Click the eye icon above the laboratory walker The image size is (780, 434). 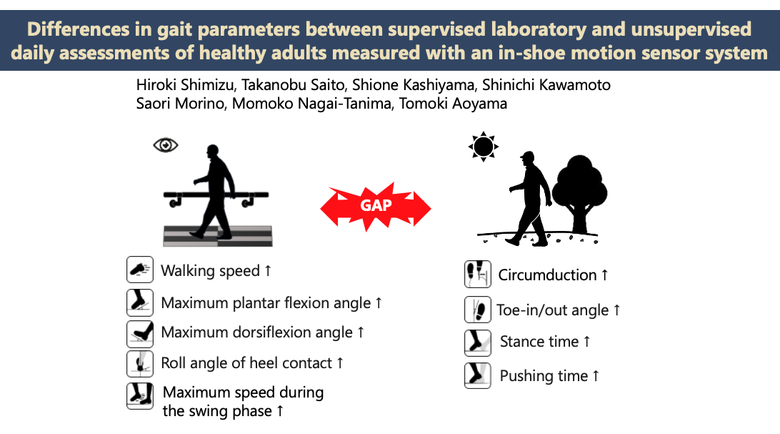[x=166, y=145]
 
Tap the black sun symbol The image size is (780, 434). [x=483, y=147]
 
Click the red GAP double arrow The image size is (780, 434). [x=376, y=206]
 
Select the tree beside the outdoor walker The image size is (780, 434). [x=579, y=194]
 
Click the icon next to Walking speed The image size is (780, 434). [x=140, y=270]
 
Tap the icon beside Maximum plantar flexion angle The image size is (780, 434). [x=140, y=302]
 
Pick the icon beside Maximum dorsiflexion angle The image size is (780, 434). [x=140, y=333]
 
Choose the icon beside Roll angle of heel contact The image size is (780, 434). [x=140, y=363]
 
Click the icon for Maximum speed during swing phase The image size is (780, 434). [x=140, y=395]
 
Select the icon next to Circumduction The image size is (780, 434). [x=478, y=275]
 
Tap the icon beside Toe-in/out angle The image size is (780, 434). [x=478, y=310]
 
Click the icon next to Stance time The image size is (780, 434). [x=478, y=342]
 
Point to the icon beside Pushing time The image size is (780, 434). [x=478, y=375]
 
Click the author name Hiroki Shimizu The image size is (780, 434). [x=185, y=85]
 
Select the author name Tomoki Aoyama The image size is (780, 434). [x=453, y=104]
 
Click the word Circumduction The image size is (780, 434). [x=547, y=275]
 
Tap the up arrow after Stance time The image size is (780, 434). [x=587, y=342]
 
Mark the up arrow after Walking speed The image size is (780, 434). [x=268, y=270]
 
